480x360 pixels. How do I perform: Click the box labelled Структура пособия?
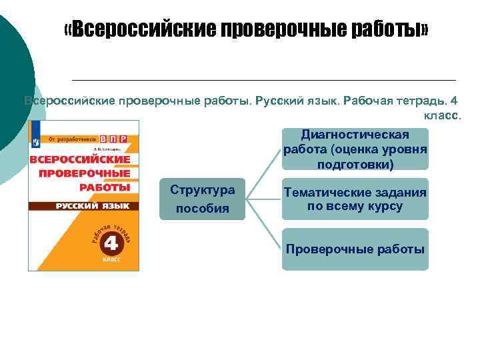click(203, 199)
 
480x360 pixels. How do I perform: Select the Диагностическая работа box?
click(355, 149)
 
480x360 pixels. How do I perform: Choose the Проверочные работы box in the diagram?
click(355, 249)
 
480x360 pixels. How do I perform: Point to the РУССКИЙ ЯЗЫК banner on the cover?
click(84, 206)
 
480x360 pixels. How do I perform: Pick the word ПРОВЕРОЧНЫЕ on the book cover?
click(81, 173)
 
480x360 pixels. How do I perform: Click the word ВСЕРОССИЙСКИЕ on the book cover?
click(79, 160)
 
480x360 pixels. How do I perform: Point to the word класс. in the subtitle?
click(443, 115)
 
